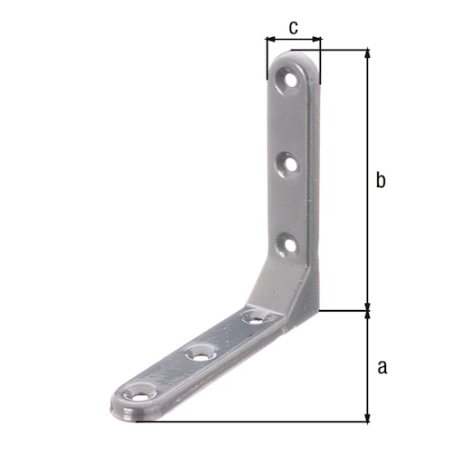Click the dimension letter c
(x=294, y=27)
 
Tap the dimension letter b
(x=381, y=181)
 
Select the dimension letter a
(x=381, y=367)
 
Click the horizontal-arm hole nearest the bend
(x=255, y=318)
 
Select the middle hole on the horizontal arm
(x=199, y=354)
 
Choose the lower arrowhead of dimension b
(x=367, y=306)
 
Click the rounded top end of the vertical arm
(x=297, y=57)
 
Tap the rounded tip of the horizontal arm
(x=119, y=406)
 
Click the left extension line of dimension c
(x=267, y=59)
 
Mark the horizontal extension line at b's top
(x=344, y=50)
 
